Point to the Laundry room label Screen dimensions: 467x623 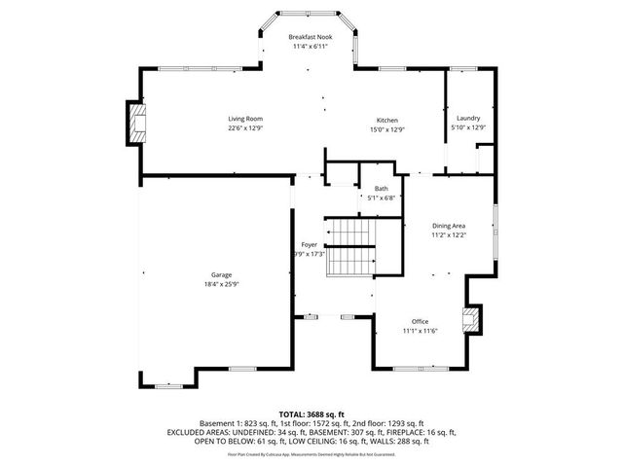pos(468,119)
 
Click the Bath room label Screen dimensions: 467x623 pos(381,189)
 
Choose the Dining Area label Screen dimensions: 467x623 pos(449,226)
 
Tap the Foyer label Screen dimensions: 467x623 pos(309,244)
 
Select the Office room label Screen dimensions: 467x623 pos(420,321)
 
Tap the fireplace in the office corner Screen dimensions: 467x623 pos(471,320)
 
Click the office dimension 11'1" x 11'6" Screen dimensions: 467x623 pos(420,331)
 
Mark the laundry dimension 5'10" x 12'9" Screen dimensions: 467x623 pos(468,128)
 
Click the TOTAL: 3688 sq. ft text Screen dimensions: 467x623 pos(311,414)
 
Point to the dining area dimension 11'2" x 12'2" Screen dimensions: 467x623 pos(449,235)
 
